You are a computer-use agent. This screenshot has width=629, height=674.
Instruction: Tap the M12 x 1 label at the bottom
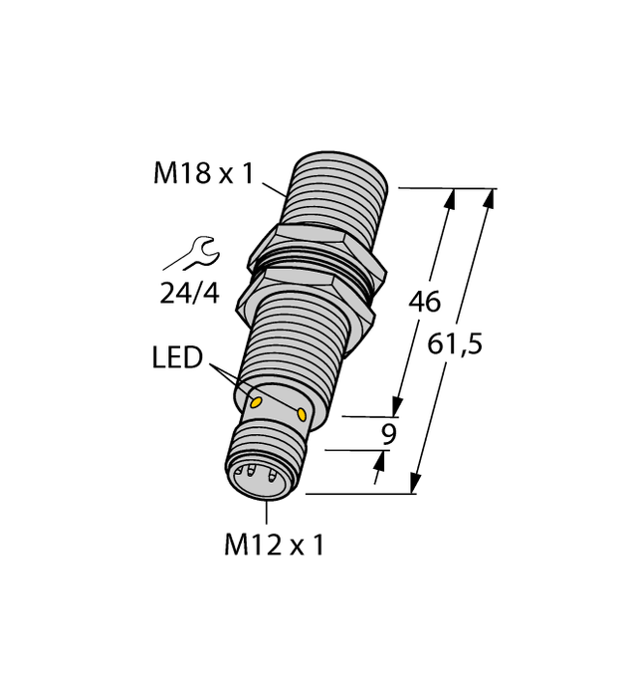click(276, 545)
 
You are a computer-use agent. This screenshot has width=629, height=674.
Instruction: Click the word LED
click(178, 355)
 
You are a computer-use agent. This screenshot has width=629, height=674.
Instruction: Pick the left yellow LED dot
click(256, 402)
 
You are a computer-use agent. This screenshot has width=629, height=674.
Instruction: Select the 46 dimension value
click(425, 304)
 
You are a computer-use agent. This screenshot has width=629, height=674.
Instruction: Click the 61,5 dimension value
click(454, 344)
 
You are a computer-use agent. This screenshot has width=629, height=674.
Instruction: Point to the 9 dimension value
click(389, 434)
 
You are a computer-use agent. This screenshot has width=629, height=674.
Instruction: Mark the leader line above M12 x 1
click(267, 513)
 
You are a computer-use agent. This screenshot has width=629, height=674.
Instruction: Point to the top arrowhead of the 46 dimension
click(451, 199)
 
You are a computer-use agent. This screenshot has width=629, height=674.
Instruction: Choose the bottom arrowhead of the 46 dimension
click(398, 405)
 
